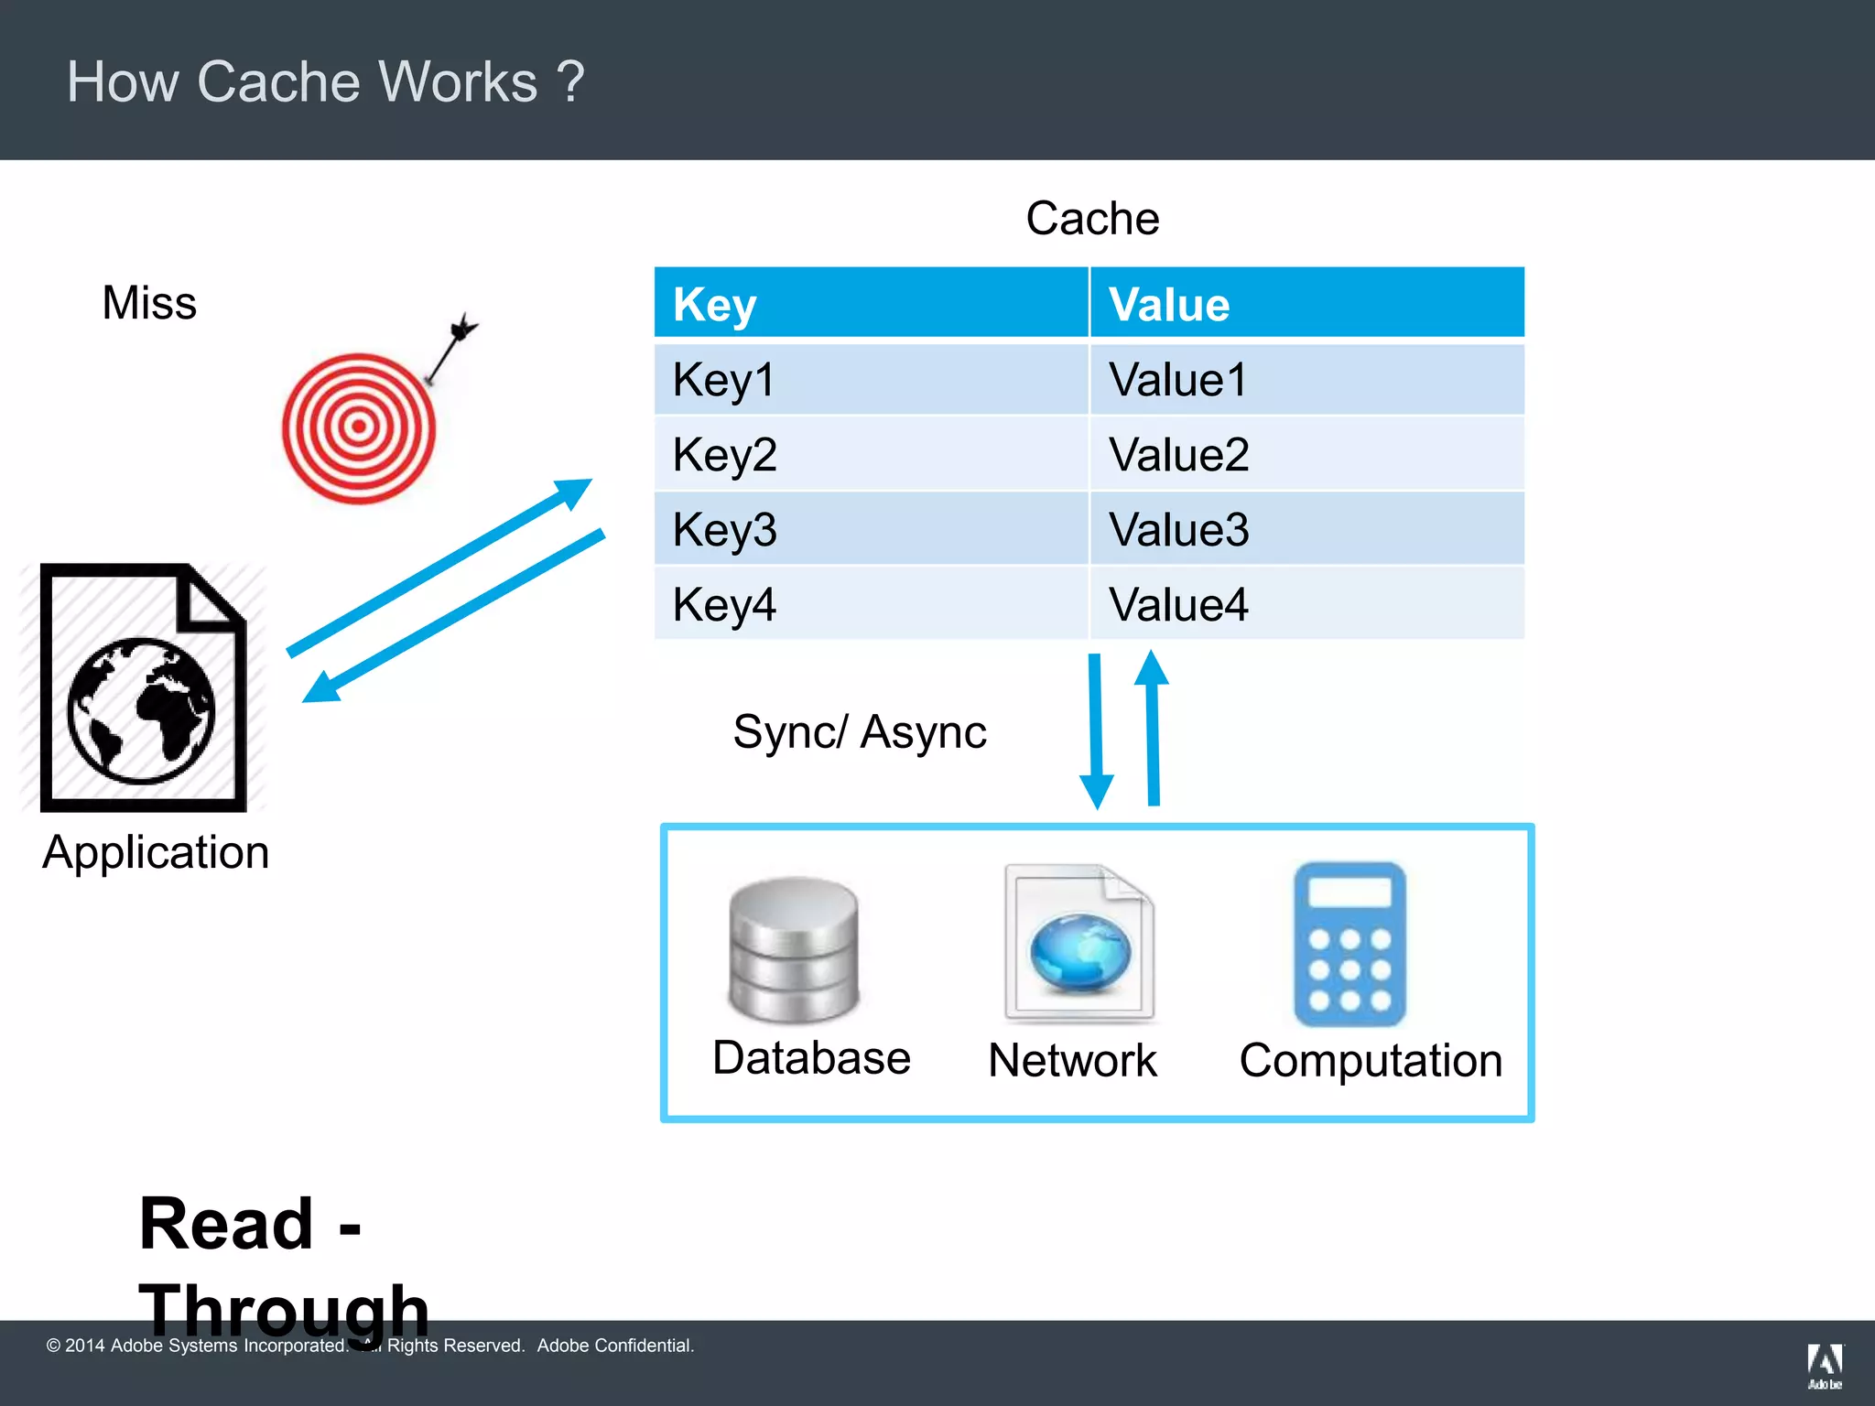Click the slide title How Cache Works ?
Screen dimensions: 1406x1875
325,81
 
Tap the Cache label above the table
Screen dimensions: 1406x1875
1092,219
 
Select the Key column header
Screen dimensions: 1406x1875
714,305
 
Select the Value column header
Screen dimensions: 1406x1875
1169,305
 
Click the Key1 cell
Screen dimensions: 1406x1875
723,380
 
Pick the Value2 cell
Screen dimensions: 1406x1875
1178,455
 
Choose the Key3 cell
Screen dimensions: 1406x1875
724,530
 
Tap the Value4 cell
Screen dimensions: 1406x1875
1178,605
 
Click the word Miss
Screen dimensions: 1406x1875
149,303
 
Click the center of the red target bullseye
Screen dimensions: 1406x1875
359,427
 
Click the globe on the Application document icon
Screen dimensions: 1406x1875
141,710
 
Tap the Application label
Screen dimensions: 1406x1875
156,852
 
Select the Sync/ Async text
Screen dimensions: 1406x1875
859,732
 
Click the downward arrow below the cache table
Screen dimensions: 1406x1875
1096,732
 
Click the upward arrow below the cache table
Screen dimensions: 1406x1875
1153,728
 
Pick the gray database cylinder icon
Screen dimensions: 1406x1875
794,949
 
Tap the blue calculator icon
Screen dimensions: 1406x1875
1349,945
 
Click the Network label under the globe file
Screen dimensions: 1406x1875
1072,1061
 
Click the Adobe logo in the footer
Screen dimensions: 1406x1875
1825,1364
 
